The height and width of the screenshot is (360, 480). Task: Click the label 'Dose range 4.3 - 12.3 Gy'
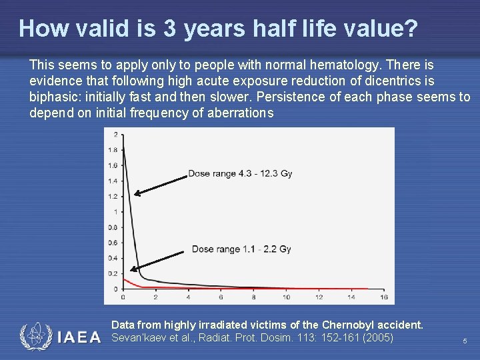tap(240, 173)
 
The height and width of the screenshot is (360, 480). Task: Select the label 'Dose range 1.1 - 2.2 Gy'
tap(241, 249)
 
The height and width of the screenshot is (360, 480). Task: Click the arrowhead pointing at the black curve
tap(136, 194)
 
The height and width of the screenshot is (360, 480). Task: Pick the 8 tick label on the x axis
tap(253, 297)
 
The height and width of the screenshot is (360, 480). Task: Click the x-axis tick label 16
tap(383, 297)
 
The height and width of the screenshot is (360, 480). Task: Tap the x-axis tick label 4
tap(188, 297)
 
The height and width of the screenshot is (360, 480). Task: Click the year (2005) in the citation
tap(377, 337)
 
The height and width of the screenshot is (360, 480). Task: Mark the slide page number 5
tap(465, 341)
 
